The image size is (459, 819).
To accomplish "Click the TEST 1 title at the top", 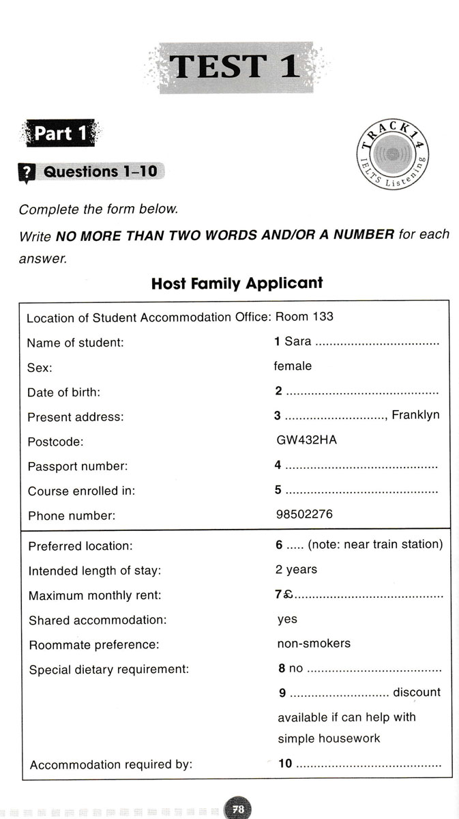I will pyautogui.click(x=235, y=67).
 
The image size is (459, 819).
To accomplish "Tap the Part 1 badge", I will pyautogui.click(x=61, y=133).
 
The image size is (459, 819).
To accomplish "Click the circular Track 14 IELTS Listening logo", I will pyautogui.click(x=391, y=155).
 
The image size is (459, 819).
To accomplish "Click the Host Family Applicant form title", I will pyautogui.click(x=237, y=283).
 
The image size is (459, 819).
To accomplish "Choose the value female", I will pyautogui.click(x=293, y=366).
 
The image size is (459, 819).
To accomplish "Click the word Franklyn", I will pyautogui.click(x=415, y=415).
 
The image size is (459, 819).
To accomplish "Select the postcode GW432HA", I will pyautogui.click(x=306, y=440).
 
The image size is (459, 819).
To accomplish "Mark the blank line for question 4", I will pyautogui.click(x=361, y=466).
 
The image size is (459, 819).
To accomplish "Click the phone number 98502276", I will pyautogui.click(x=304, y=514).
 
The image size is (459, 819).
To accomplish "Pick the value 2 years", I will pyautogui.click(x=296, y=569).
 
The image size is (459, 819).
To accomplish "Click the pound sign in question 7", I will pyautogui.click(x=288, y=594).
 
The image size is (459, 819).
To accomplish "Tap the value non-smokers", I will pyautogui.click(x=314, y=643).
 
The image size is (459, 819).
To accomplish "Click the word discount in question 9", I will pyautogui.click(x=417, y=692).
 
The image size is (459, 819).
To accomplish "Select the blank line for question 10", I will pyautogui.click(x=368, y=764).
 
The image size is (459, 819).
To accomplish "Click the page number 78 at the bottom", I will pyautogui.click(x=238, y=809).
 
